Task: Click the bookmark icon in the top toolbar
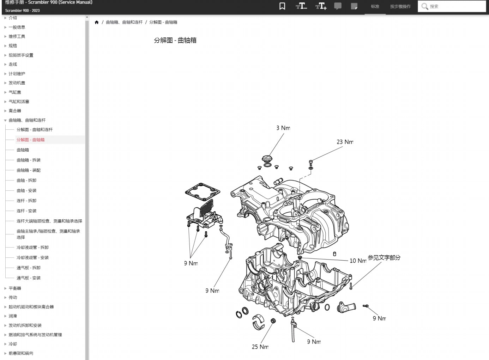coord(282,6)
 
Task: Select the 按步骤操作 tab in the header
coord(400,6)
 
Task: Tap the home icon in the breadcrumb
coord(97,22)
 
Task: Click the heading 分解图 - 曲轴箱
coord(175,40)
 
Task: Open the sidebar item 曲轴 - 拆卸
coord(26,180)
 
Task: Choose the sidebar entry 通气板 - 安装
coord(29,278)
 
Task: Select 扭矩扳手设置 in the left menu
coord(21,55)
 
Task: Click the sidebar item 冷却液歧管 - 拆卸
coord(32,248)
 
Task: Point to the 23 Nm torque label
coord(345,142)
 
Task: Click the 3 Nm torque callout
coord(283,128)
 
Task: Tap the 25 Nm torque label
coord(260,347)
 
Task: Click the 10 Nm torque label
coord(358,261)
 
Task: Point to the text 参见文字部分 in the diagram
coord(384,257)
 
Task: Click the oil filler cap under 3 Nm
coord(267,159)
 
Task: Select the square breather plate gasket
coord(203,192)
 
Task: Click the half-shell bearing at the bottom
coord(258,322)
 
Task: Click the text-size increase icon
coord(321,6)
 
